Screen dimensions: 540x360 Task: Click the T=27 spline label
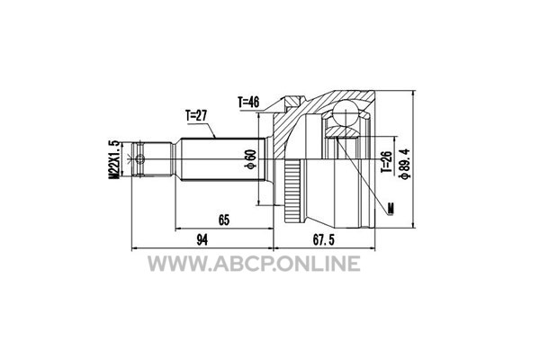pos(196,116)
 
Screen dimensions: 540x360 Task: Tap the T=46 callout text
pos(248,102)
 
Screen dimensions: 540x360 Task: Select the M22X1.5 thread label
pos(114,159)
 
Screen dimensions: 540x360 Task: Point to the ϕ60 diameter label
pos(250,159)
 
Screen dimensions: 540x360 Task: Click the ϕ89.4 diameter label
pos(404,164)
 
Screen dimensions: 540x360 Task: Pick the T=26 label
pos(386,162)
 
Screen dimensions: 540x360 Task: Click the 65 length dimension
pos(223,220)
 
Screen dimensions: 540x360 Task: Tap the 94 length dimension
pos(202,239)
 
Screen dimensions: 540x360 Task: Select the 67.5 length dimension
pos(323,239)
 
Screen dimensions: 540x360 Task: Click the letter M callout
pos(391,209)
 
